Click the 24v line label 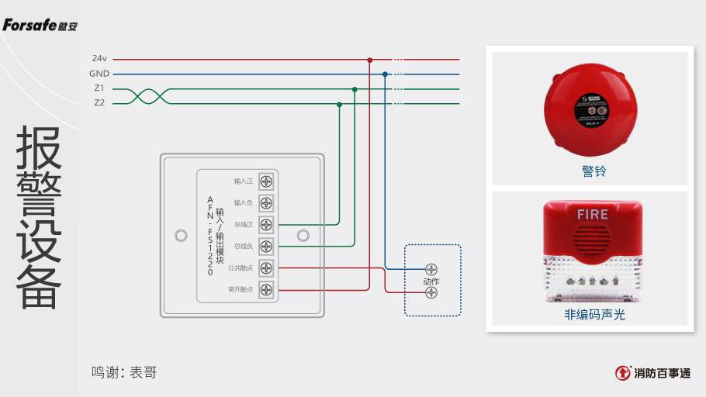click(99, 58)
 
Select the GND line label click(99, 74)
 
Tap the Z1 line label click(99, 88)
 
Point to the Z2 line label click(99, 102)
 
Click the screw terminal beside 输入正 click(266, 181)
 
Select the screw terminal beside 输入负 click(266, 203)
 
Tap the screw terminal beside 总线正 click(266, 225)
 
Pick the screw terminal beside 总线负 click(266, 247)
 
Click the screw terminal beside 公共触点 click(266, 268)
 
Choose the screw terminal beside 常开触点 click(266, 290)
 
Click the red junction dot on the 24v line click(370, 59)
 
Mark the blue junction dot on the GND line click(386, 74)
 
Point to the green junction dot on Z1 click(355, 89)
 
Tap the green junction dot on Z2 click(339, 103)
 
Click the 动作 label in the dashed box click(431, 281)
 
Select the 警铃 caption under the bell click(594, 171)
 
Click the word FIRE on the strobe click(593, 213)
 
